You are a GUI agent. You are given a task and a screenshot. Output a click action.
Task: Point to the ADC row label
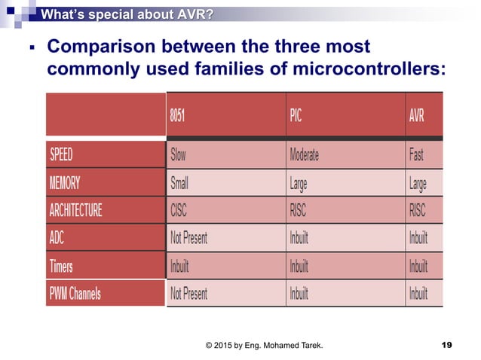click(x=57, y=238)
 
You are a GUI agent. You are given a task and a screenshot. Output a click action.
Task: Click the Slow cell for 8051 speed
click(x=179, y=155)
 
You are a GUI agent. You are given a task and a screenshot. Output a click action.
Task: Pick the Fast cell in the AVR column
click(x=416, y=155)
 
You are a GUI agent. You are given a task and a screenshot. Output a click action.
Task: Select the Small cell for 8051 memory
click(x=180, y=182)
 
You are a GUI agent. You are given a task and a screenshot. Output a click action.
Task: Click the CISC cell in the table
click(x=179, y=210)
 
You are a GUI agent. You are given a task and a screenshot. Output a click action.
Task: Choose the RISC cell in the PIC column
click(x=300, y=210)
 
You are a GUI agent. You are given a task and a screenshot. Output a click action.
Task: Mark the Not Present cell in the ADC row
click(x=189, y=238)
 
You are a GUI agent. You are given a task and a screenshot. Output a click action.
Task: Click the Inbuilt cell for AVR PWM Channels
click(x=418, y=293)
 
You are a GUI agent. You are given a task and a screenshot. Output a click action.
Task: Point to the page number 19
click(x=446, y=344)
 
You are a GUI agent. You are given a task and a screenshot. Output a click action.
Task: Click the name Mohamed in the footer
click(x=287, y=344)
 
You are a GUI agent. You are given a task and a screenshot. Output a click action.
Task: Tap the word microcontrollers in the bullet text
click(x=361, y=69)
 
